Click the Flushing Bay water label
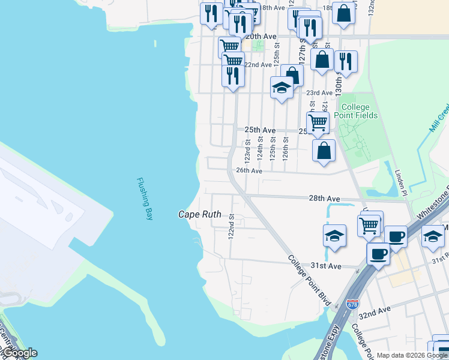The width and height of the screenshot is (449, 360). click(145, 199)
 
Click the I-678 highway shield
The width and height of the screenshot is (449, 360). click(353, 305)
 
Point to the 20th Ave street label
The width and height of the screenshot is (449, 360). click(261, 37)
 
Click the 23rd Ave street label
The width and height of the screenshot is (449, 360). click(319, 93)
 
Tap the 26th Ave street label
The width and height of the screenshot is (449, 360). click(249, 170)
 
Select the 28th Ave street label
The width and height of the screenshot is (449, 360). click(325, 198)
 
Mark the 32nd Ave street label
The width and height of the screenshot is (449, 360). click(375, 313)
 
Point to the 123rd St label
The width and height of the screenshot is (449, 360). click(247, 151)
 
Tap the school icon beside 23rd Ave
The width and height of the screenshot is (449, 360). click(282, 88)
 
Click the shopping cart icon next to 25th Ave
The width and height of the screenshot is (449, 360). click(318, 122)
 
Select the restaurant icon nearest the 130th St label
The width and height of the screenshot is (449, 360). click(346, 61)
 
